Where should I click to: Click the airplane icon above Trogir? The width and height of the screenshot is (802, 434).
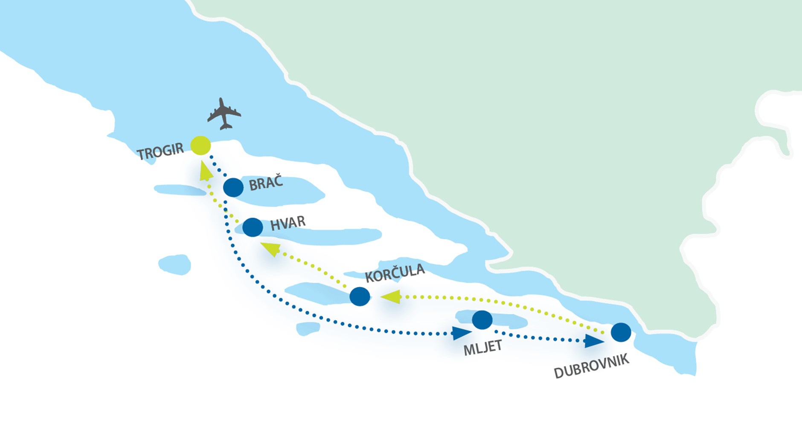click(224, 114)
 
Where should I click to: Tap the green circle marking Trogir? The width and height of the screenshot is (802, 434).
click(200, 145)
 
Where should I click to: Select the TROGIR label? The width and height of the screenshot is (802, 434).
click(160, 151)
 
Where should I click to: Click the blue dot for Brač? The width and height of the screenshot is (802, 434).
click(233, 187)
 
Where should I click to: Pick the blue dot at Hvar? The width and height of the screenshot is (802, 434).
click(253, 227)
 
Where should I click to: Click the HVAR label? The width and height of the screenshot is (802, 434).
click(288, 223)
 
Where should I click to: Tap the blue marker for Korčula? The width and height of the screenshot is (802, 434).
click(360, 296)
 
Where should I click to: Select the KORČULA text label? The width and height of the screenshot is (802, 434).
click(395, 273)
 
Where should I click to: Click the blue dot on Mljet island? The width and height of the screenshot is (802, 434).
click(482, 320)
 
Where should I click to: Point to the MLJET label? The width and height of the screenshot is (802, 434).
click(482, 348)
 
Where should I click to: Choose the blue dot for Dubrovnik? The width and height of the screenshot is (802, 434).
click(621, 332)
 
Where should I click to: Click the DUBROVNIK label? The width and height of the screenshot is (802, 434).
click(591, 366)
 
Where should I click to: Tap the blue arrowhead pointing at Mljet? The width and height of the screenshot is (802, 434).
click(462, 333)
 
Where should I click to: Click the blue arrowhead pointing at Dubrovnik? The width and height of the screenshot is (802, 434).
click(594, 341)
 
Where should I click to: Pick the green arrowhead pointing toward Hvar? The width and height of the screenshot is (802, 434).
click(271, 249)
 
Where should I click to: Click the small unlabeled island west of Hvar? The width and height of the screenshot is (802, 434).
click(174, 264)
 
